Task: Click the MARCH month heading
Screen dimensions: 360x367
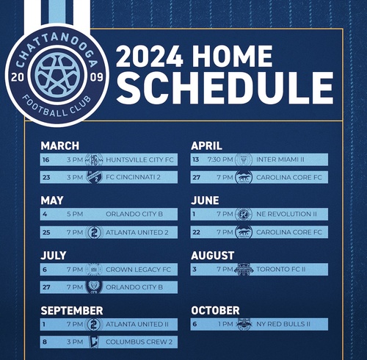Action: (x=59, y=145)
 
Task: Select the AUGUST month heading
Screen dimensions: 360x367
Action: (x=213, y=256)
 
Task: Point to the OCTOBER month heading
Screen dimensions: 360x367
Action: (x=215, y=311)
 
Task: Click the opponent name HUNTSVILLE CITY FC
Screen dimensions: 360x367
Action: (x=139, y=159)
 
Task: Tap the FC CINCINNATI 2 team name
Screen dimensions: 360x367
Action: (x=138, y=177)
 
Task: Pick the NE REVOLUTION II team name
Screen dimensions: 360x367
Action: (x=287, y=215)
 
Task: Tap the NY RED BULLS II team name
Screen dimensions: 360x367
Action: (x=286, y=324)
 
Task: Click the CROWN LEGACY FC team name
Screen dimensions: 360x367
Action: (x=138, y=270)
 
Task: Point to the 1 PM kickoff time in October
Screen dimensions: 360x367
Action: (x=223, y=324)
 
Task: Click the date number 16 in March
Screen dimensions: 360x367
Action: (x=46, y=159)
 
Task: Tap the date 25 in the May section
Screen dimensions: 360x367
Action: (x=46, y=232)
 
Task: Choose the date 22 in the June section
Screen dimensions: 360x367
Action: (x=195, y=232)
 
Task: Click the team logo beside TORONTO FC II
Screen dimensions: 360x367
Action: (x=244, y=270)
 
